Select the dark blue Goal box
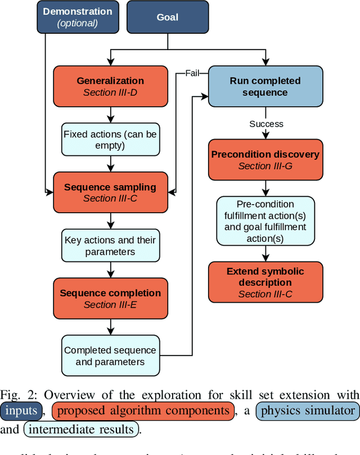tap(167, 17)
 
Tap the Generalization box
tap(110, 86)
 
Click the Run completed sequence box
tap(265, 86)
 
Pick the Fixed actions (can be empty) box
tap(110, 140)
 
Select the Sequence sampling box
tap(110, 192)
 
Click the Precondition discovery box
tap(265, 160)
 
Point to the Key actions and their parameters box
tap(110, 246)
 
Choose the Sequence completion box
tap(110, 299)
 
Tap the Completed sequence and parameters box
tap(110, 355)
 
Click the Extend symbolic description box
tap(265, 282)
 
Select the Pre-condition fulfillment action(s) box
tap(265, 221)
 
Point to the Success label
tap(266, 124)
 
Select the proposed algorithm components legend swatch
tap(143, 411)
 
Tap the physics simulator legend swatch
tap(307, 411)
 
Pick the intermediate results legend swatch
tap(81, 430)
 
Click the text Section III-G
tap(265, 166)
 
